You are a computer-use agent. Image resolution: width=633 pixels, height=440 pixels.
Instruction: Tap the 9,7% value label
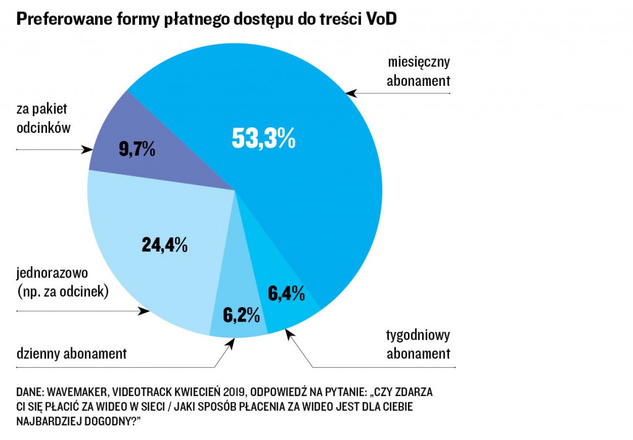pos(135,149)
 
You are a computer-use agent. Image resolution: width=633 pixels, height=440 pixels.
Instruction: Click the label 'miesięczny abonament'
pos(418,72)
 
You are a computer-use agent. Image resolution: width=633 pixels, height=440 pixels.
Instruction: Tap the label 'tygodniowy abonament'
pos(418,345)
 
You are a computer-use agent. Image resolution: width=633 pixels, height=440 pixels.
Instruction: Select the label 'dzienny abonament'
pos(71,354)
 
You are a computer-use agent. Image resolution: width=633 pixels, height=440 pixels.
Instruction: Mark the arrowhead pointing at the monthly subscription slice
pos(351,93)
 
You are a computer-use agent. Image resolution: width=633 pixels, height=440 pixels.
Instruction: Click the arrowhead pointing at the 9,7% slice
pos(87,149)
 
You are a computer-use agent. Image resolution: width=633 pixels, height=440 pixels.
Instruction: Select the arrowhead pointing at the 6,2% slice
pos(231,342)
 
